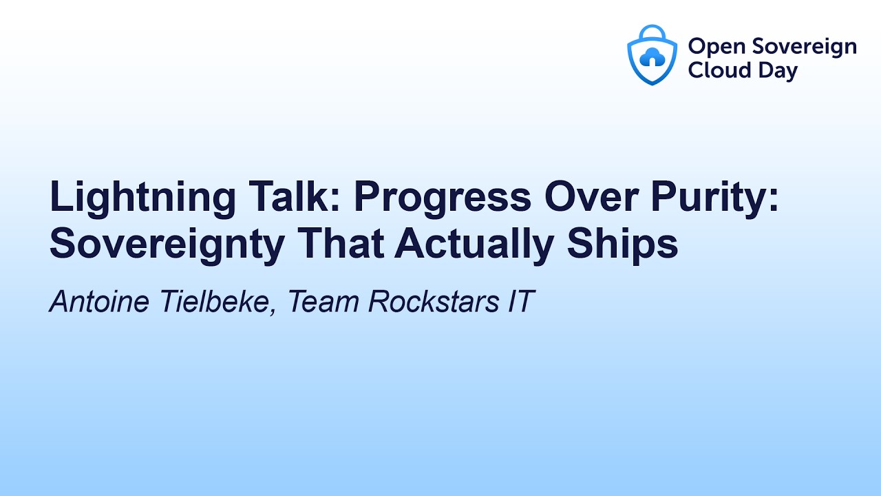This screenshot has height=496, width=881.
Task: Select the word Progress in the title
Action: pyautogui.click(x=443, y=198)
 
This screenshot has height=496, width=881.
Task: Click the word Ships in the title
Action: pyautogui.click(x=633, y=245)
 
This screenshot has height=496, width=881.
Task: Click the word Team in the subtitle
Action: pyautogui.click(x=323, y=302)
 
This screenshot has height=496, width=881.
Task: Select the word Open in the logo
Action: pyautogui.click(x=715, y=47)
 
